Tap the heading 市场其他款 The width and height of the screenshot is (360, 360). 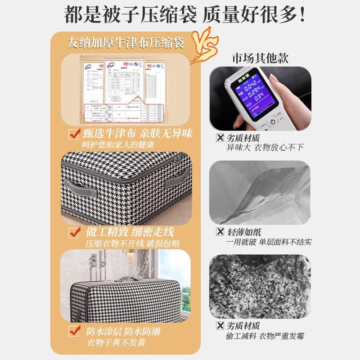click(260, 58)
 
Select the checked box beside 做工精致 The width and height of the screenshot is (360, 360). click(74, 233)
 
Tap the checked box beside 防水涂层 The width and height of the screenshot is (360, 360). click(74, 332)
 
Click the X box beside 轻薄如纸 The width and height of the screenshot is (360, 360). click(220, 232)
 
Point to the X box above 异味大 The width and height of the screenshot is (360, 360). click(220, 138)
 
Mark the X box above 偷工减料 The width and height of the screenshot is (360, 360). click(220, 326)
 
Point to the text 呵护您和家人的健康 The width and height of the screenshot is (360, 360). click(118, 145)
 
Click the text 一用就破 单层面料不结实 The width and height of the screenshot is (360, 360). click(269, 242)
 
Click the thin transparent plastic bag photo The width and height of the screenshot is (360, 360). click(260, 192)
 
